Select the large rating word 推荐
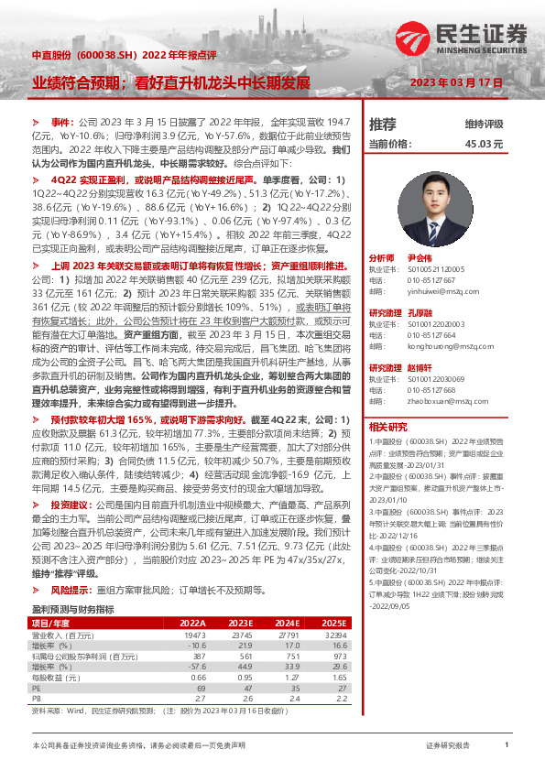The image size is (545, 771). click(x=382, y=124)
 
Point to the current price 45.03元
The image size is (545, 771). click(x=484, y=144)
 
